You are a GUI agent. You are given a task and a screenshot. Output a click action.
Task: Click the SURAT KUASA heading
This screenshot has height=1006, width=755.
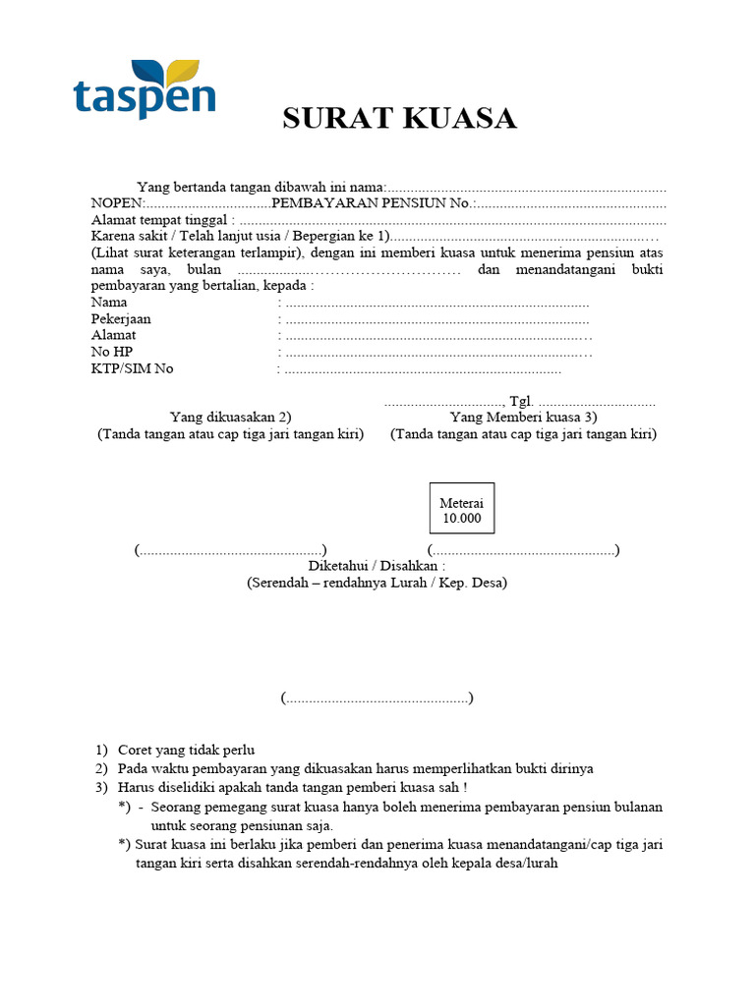(399, 119)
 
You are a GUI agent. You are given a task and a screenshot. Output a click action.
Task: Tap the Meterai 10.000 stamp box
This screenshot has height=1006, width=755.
(460, 510)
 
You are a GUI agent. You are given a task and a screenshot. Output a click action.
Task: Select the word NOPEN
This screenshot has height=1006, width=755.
(116, 203)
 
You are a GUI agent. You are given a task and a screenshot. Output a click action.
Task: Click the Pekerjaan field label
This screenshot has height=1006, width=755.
(122, 319)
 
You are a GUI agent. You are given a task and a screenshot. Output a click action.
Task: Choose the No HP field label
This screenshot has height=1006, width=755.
(111, 352)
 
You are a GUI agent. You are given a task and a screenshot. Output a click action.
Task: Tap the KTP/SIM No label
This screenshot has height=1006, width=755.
(133, 368)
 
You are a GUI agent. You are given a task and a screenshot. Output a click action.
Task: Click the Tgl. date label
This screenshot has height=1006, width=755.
(521, 402)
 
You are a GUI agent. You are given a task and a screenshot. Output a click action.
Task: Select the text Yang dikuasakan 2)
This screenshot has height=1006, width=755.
(230, 418)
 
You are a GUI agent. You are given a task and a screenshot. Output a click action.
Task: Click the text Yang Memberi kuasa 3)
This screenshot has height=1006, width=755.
(523, 418)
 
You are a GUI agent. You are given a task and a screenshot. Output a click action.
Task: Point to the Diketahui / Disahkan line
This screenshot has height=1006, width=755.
(377, 567)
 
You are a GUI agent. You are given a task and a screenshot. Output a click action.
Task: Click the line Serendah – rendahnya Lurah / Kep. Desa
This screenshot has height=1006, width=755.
(377, 583)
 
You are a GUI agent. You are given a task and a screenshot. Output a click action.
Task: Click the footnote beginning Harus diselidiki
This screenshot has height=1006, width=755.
(292, 787)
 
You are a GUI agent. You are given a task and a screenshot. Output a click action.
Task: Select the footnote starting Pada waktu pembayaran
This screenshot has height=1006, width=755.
(355, 768)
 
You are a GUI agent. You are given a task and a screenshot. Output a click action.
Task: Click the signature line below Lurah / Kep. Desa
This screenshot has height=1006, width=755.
(377, 699)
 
